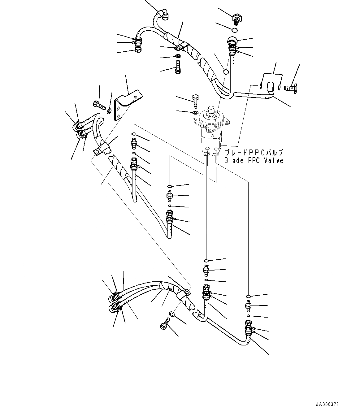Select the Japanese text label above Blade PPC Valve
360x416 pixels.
click(x=253, y=153)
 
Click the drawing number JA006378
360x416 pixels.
click(x=327, y=405)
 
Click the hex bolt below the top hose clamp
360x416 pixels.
click(x=178, y=67)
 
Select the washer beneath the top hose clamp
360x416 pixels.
click(x=178, y=56)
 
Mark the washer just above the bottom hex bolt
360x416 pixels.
click(x=172, y=314)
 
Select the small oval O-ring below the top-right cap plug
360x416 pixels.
click(x=235, y=30)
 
